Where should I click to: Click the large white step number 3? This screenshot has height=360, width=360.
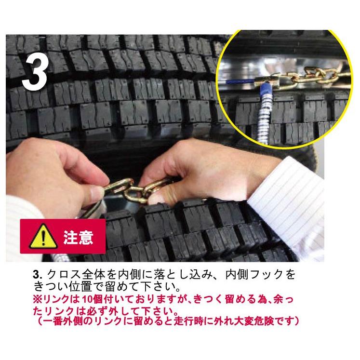coord(35,72)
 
